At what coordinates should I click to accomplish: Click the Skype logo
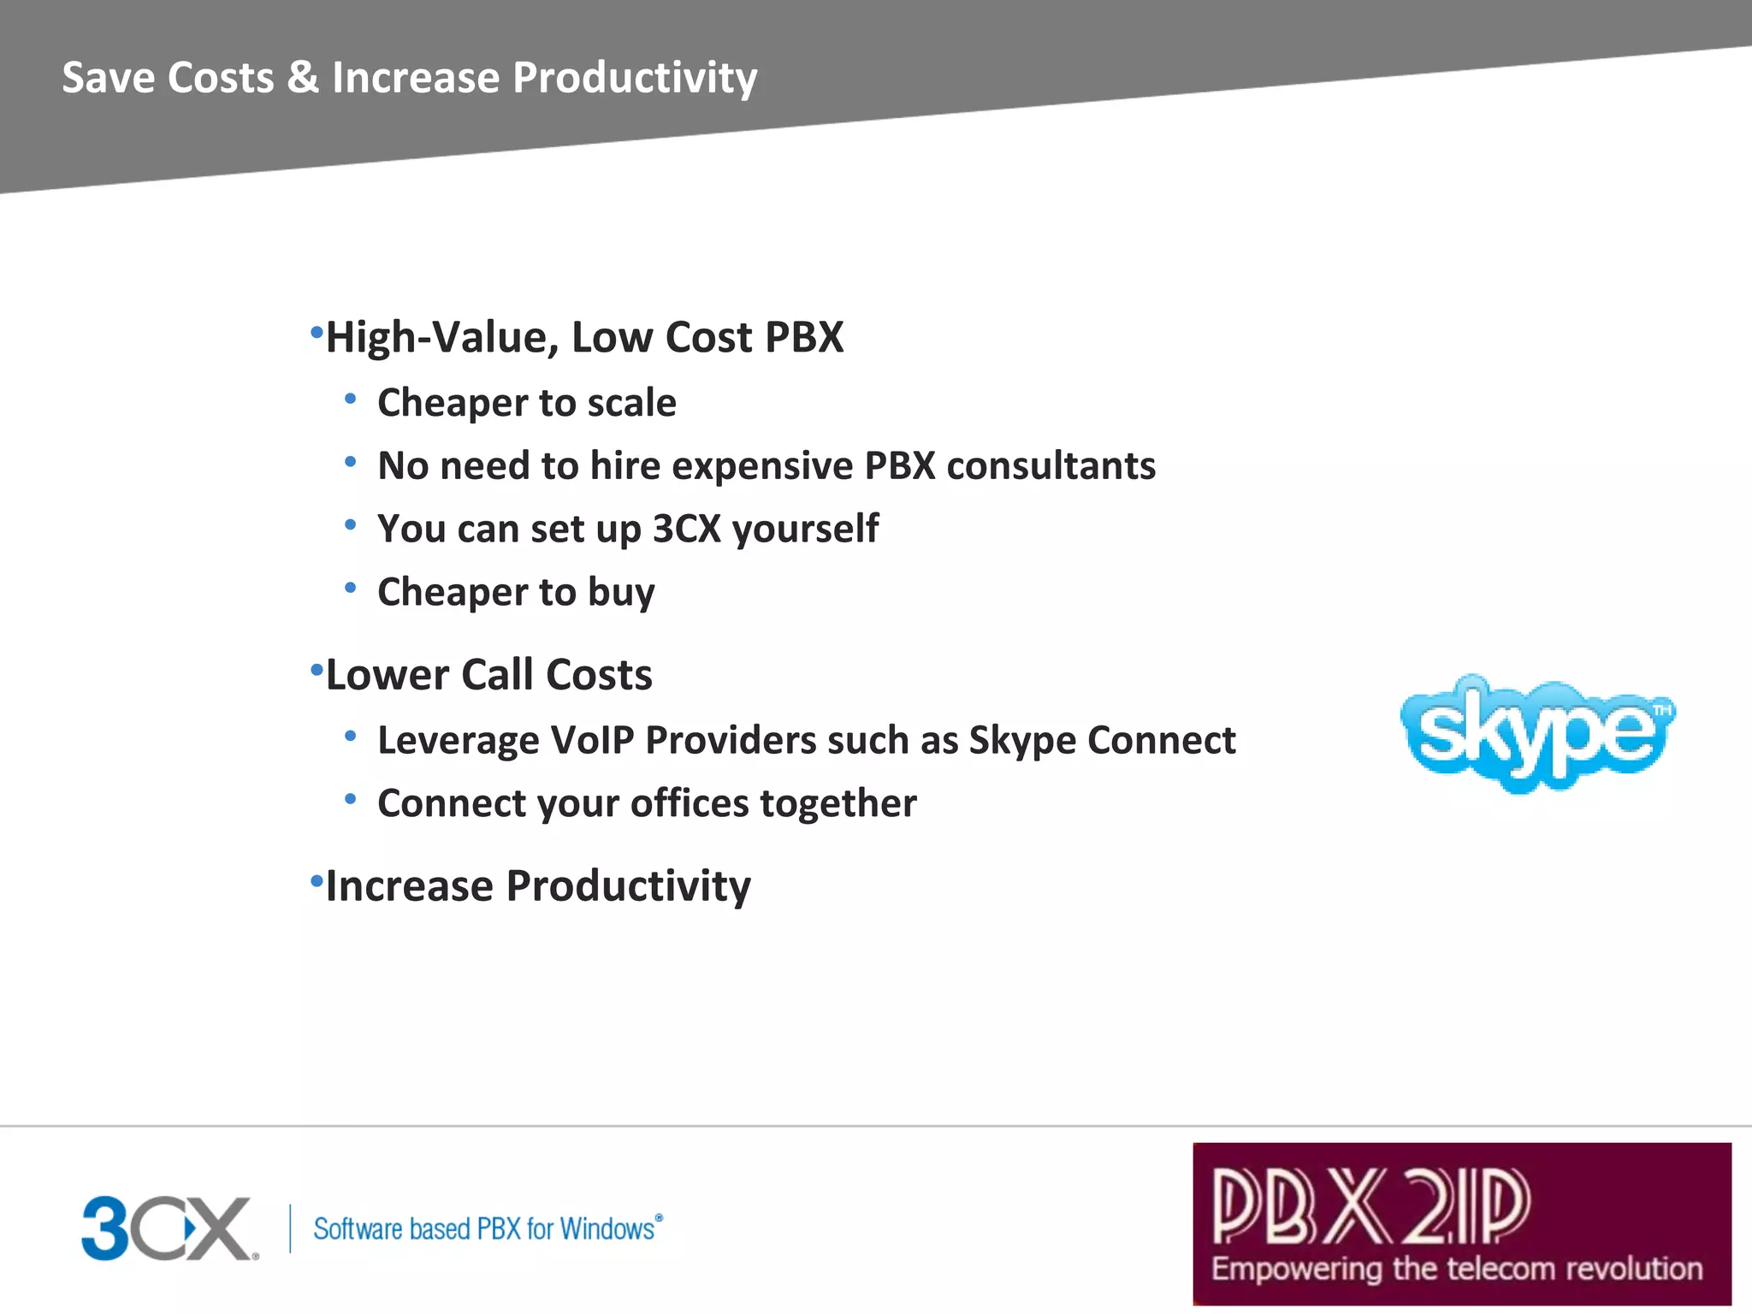pyautogui.click(x=1536, y=734)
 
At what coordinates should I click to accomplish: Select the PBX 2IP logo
pyautogui.click(x=1461, y=1223)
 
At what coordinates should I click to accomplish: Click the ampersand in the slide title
pyautogui.click(x=303, y=77)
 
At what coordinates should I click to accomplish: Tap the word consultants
pyautogui.click(x=1051, y=466)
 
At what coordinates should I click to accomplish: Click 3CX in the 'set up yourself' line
pyautogui.click(x=687, y=529)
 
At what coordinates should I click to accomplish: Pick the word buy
pyautogui.click(x=621, y=593)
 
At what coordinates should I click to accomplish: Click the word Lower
pyautogui.click(x=387, y=675)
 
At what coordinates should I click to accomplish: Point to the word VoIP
pyautogui.click(x=591, y=741)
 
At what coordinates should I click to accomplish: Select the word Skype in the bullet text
pyautogui.click(x=1021, y=741)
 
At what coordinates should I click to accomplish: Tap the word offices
pyautogui.click(x=690, y=804)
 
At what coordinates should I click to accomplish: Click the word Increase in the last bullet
pyautogui.click(x=409, y=886)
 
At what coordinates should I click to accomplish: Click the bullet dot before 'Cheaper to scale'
pyautogui.click(x=350, y=399)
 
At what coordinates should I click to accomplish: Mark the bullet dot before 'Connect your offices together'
pyautogui.click(x=350, y=799)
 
